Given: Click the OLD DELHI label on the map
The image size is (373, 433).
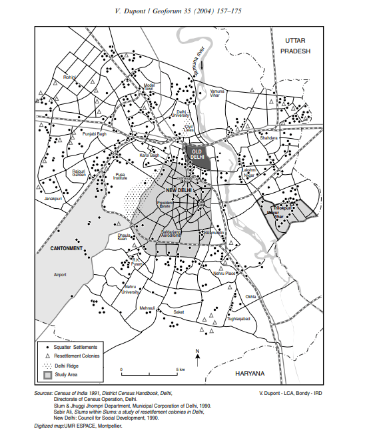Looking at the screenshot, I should click(x=196, y=155).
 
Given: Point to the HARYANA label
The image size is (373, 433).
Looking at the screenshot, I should click(x=250, y=372).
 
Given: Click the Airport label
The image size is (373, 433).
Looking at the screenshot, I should click(x=60, y=274).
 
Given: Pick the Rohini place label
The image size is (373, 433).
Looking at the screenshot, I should click(x=69, y=77).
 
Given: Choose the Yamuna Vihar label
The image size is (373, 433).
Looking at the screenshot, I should click(x=218, y=93).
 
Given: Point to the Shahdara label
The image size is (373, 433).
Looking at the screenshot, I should click(x=268, y=137).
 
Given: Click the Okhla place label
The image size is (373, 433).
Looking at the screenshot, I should click(x=250, y=296).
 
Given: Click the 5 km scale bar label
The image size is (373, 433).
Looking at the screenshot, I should click(x=181, y=369).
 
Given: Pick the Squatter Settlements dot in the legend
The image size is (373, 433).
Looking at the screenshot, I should click(x=47, y=348).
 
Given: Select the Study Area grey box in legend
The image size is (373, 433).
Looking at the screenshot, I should click(x=47, y=376).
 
